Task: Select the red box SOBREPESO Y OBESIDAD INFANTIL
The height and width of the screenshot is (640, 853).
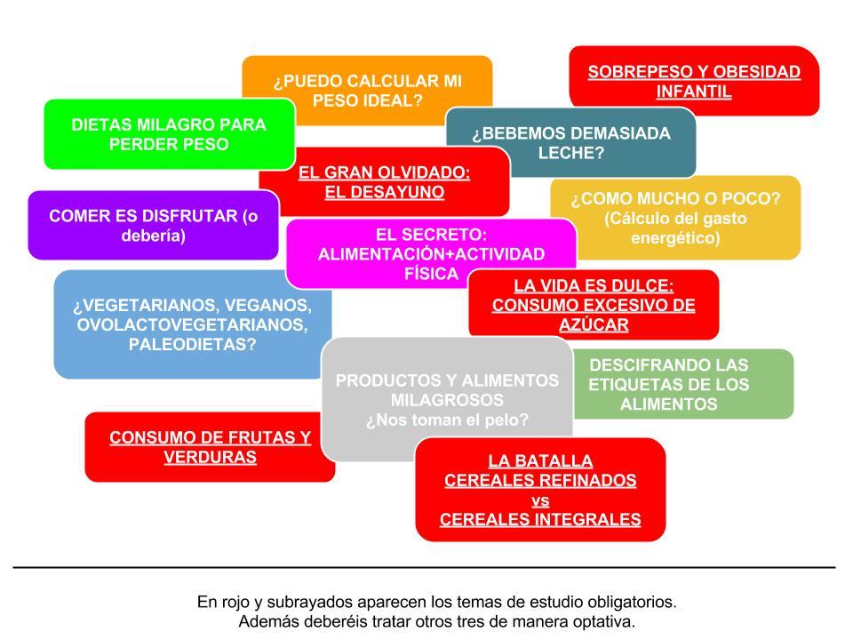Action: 694,81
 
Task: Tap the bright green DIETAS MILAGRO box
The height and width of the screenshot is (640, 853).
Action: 169,133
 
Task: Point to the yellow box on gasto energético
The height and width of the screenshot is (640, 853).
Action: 675,219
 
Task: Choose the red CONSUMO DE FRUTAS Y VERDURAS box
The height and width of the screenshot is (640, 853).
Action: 210,447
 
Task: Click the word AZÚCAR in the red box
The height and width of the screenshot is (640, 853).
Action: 594,324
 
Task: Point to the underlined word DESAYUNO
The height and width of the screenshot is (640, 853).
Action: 385,191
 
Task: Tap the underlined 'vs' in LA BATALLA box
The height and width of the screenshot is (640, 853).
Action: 540,500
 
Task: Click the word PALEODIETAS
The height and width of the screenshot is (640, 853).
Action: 193,344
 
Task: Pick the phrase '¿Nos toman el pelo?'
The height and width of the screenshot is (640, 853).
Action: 447,420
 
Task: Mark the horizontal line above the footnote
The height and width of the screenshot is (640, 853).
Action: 425,567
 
